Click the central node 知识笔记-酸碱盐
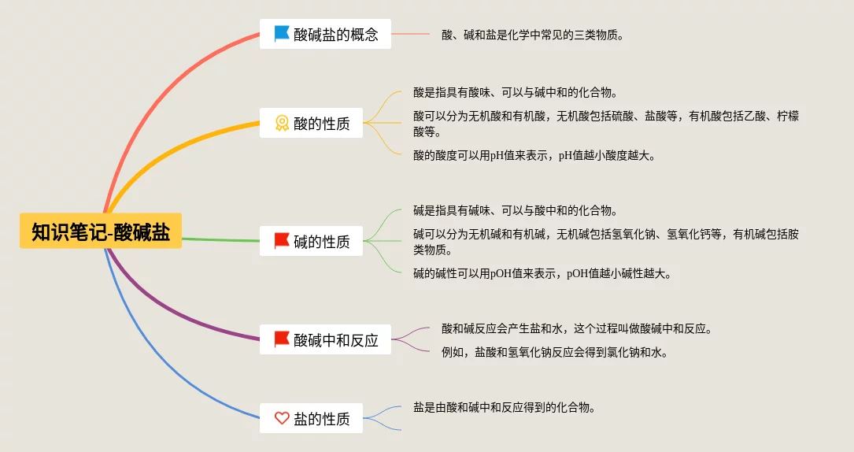click(x=101, y=232)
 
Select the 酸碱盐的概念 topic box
click(x=325, y=34)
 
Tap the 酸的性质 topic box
click(x=311, y=123)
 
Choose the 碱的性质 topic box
click(x=311, y=241)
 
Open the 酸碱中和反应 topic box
click(x=325, y=339)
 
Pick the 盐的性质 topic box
click(x=311, y=418)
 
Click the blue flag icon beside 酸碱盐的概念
click(x=282, y=34)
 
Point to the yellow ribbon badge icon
click(x=282, y=123)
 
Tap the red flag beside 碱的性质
click(x=282, y=241)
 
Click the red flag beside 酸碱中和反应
click(x=282, y=339)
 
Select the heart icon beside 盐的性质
click(x=282, y=418)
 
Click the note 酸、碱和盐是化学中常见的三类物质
click(x=533, y=35)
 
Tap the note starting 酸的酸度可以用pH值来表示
click(x=534, y=155)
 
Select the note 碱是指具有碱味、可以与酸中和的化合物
click(x=515, y=210)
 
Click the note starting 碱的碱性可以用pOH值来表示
click(x=542, y=273)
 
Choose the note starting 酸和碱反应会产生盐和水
click(x=577, y=328)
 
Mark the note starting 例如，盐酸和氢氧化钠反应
click(x=555, y=352)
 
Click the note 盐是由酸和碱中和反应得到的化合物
click(x=504, y=407)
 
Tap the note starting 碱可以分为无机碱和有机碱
click(x=606, y=242)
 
